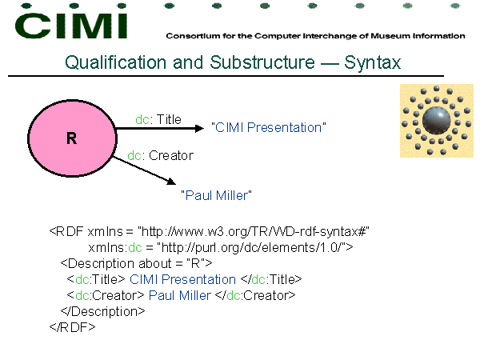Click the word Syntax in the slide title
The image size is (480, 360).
372,63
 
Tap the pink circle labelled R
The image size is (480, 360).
72,138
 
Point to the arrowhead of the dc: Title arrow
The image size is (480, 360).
199,128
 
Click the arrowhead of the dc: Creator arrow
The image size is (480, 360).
171,182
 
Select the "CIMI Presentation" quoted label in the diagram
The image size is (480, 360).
269,128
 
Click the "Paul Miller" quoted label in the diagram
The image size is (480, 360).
216,195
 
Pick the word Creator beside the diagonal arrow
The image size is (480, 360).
171,155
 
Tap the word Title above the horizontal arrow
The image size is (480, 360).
169,119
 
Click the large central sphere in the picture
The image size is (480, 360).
437,120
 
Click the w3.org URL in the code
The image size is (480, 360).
254,232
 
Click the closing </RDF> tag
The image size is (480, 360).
72,327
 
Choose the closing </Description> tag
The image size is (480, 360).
102,311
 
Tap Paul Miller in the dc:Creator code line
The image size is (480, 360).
180,295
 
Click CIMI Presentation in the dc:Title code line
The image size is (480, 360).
182,279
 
